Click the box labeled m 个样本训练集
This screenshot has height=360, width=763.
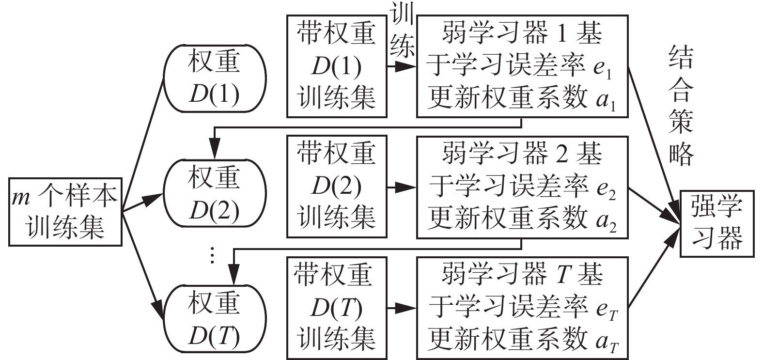[64, 212]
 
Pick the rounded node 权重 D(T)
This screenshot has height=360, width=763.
[214, 317]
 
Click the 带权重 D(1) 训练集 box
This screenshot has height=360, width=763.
[337, 66]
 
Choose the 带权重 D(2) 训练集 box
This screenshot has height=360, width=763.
[337, 187]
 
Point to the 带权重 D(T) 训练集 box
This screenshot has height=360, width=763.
[337, 308]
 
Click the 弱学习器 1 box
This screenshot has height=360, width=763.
[522, 66]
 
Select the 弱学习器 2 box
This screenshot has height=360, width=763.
[522, 187]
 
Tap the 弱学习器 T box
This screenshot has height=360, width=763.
[522, 308]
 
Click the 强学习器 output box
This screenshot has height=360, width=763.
[717, 223]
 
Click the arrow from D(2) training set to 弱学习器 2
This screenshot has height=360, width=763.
[402, 187]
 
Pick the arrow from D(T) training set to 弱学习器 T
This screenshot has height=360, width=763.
[402, 308]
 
